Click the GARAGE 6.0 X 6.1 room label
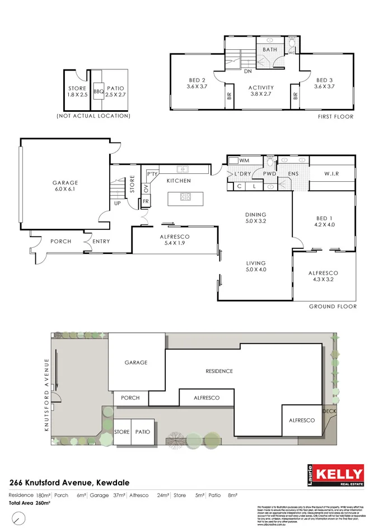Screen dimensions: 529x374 pos(65,186)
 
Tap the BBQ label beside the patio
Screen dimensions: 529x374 pos(98,91)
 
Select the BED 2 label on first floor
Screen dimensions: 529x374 pos(197,83)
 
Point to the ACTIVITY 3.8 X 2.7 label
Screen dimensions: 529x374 pos(261,91)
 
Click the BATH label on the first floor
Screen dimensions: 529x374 pos(270,50)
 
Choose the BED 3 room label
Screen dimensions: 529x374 pos(325,83)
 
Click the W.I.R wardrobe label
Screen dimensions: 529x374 pos(332,173)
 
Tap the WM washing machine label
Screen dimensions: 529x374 pos(244,161)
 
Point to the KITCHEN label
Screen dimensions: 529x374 pos(178,181)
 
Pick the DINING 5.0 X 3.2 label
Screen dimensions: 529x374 pos(255,218)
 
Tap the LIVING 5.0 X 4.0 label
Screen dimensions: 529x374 pos(255,267)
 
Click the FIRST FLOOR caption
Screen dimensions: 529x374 pos(335,116)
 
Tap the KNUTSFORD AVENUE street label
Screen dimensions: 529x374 pos(49,395)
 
